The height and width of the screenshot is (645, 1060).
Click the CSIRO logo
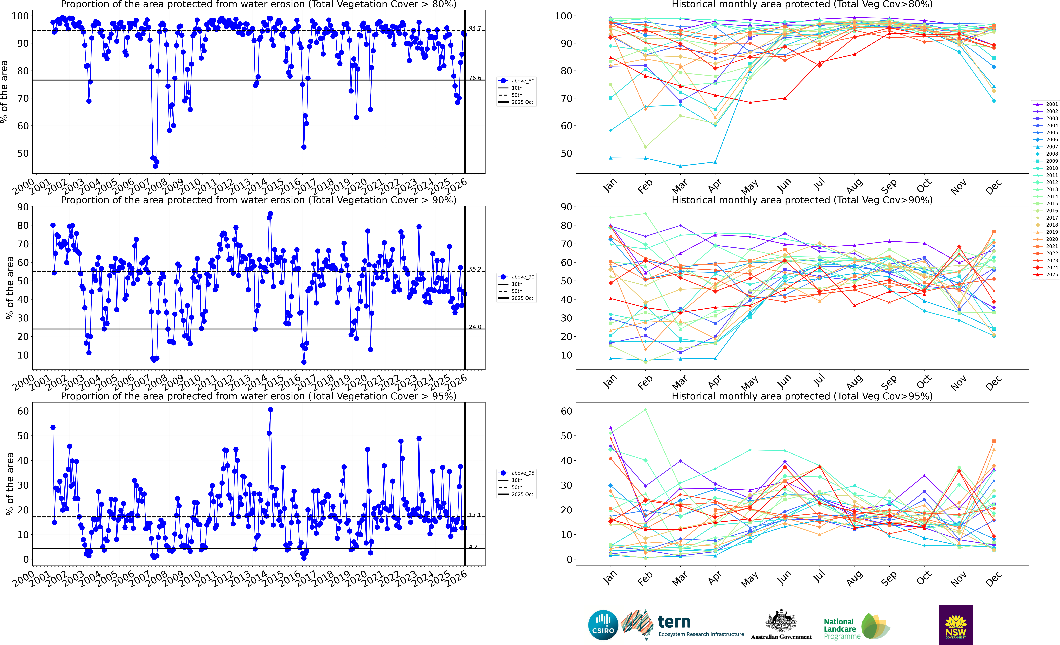point(603,625)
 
